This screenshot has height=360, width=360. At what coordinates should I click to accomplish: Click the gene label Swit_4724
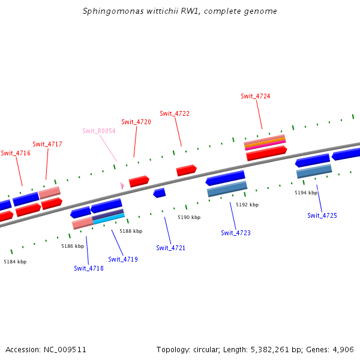[255, 96]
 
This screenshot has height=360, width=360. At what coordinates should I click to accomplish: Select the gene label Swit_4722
[175, 113]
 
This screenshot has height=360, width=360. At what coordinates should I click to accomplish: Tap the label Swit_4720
[136, 122]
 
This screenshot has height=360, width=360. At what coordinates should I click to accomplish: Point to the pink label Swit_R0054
[99, 131]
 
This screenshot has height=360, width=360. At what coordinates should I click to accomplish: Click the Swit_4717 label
[47, 144]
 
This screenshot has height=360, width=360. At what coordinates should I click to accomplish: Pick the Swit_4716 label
[16, 153]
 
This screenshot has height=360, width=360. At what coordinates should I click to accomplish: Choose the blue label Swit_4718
[89, 268]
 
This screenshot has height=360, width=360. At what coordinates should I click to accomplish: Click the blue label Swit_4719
[123, 259]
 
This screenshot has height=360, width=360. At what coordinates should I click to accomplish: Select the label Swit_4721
[171, 248]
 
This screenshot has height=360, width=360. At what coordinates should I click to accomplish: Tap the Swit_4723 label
[236, 233]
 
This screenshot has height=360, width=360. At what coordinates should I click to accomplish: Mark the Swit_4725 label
[322, 215]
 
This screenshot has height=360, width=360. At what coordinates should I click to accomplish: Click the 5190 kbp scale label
[189, 217]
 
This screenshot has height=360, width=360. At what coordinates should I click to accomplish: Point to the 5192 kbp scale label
[247, 205]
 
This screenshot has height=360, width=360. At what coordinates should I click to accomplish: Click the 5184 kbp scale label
[15, 262]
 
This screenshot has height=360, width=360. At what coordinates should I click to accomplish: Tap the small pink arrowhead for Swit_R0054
[122, 186]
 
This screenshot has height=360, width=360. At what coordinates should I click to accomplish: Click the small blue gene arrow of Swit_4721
[159, 193]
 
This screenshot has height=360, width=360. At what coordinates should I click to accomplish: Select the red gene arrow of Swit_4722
[186, 170]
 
